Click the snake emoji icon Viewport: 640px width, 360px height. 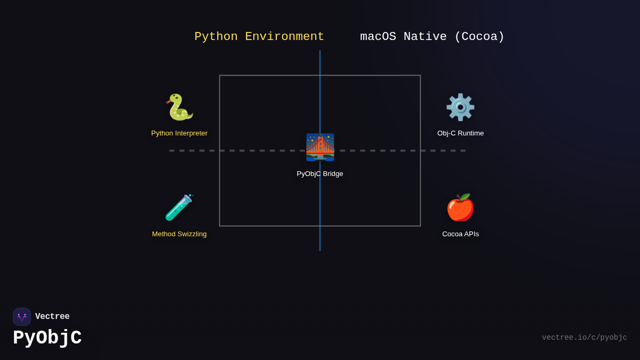click(x=179, y=107)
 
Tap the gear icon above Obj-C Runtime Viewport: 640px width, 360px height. click(x=460, y=107)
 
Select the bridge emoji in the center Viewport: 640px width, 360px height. click(x=320, y=147)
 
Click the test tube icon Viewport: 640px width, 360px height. click(x=179, y=207)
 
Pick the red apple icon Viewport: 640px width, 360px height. click(x=460, y=207)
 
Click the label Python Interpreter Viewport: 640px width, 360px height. click(x=179, y=133)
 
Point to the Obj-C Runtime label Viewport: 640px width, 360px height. click(x=460, y=133)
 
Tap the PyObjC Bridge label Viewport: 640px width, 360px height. click(x=320, y=174)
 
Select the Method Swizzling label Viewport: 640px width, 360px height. click(x=179, y=234)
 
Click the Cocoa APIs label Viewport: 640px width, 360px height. click(x=460, y=234)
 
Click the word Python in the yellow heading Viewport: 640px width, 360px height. click(x=216, y=37)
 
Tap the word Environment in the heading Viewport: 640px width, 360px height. click(x=284, y=37)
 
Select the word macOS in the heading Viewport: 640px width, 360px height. click(x=378, y=37)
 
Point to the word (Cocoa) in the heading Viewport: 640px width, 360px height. click(x=479, y=37)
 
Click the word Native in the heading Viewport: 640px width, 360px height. click(x=425, y=37)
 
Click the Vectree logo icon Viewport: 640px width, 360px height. click(x=22, y=317)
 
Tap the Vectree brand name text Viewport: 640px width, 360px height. click(x=52, y=317)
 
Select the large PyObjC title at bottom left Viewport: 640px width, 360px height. click(x=47, y=338)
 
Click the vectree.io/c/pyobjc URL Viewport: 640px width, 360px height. click(x=584, y=338)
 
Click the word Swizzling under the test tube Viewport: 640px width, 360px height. click(x=190, y=234)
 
